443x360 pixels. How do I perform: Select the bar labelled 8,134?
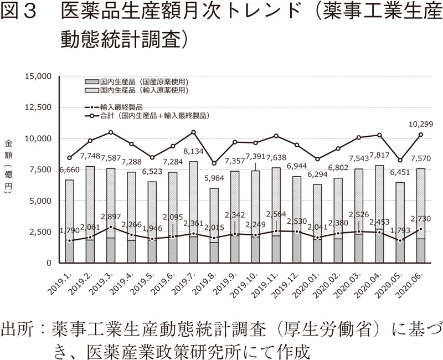[x=193, y=210]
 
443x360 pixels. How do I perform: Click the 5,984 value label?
[x=214, y=178]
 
